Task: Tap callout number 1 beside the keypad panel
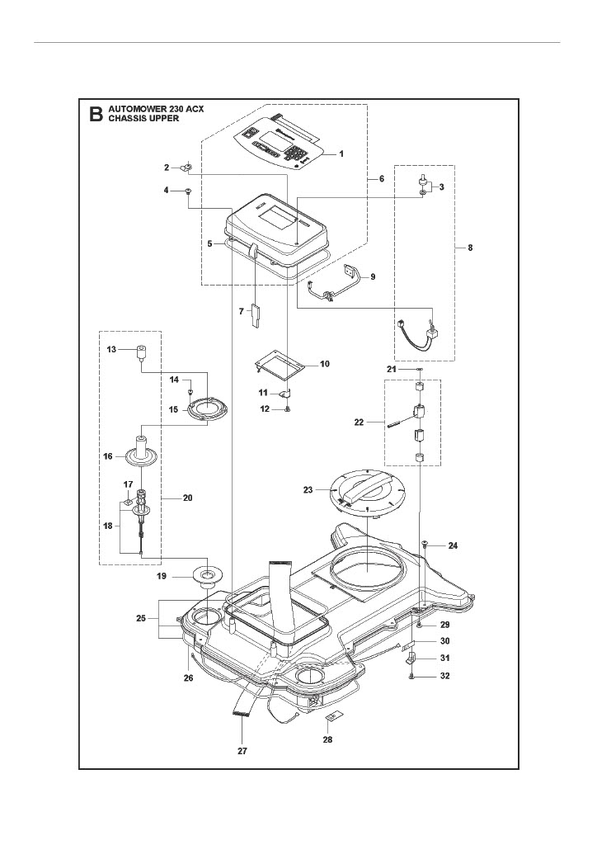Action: click(x=341, y=153)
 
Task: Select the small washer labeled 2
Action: click(x=188, y=168)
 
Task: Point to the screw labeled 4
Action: click(x=189, y=191)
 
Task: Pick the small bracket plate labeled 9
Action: click(x=350, y=270)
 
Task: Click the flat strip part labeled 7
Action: click(x=255, y=315)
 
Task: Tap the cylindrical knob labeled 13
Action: click(x=140, y=354)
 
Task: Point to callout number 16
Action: click(x=107, y=456)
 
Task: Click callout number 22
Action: click(x=358, y=422)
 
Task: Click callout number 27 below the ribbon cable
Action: click(x=242, y=751)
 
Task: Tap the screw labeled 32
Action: click(x=411, y=677)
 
